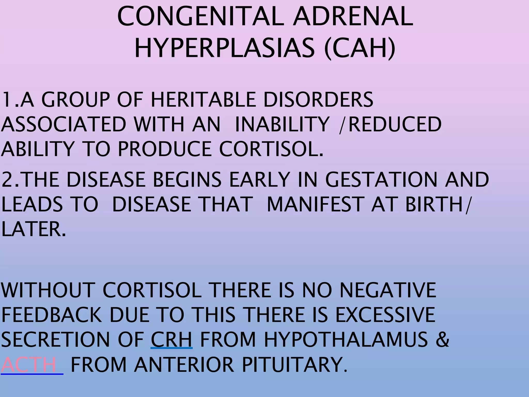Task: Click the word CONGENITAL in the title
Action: coord(200,17)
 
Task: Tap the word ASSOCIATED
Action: coord(63,124)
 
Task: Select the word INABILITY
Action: coord(282,124)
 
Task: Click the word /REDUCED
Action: coord(390,124)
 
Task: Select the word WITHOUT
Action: coord(48,290)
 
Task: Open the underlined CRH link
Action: coord(172,339)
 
